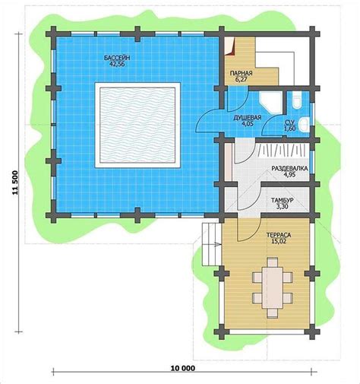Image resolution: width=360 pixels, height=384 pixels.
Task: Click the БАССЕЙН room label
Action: pos(117,58)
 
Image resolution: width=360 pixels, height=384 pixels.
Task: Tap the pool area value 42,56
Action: pos(117,64)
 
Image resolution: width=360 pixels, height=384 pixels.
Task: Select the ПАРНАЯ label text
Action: pos(241,74)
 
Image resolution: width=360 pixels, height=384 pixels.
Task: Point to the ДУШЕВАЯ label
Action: pos(247,118)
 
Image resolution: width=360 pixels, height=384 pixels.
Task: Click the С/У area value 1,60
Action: pos(290,129)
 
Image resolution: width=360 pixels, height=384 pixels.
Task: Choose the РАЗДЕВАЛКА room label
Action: pos(289,168)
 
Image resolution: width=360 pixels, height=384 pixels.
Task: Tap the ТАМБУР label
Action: pos(283,201)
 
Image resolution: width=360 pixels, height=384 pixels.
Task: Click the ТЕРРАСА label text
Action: pos(279,235)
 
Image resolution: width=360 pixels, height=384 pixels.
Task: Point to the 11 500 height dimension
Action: pos(15,183)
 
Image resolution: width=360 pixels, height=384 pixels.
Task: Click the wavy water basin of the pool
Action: pos(137,125)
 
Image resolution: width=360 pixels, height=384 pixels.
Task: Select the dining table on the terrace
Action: pos(273,287)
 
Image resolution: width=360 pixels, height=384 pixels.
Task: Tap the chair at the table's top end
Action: pos(273,262)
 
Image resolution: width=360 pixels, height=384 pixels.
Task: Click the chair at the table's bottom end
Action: pos(273,313)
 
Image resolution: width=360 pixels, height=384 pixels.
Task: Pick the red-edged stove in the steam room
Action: pos(230,46)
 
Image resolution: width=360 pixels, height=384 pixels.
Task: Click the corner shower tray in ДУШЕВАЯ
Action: pos(270,102)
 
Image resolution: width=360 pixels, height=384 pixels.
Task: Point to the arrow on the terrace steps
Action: pos(218,245)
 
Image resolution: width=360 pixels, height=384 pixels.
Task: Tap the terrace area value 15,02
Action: pos(279,241)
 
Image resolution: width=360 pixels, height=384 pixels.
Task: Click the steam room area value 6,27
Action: pos(241,79)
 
